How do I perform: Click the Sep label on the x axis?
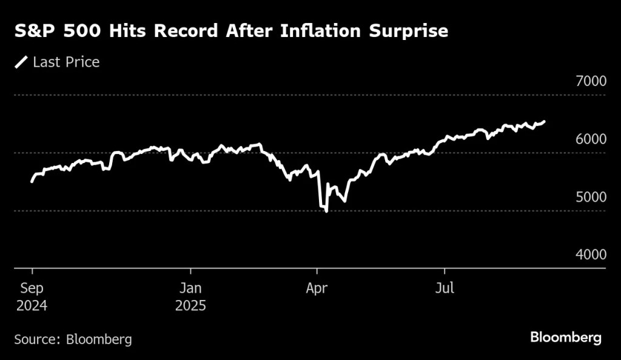(x=31, y=288)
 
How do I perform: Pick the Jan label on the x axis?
(x=190, y=288)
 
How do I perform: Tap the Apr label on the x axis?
(x=316, y=288)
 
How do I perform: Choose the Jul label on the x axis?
(x=445, y=288)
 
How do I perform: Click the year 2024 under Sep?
(x=31, y=305)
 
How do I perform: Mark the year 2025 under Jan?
(x=190, y=305)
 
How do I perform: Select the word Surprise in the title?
(x=411, y=32)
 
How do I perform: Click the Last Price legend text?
(x=66, y=62)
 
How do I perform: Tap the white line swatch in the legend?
(x=21, y=62)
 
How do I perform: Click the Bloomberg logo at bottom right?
(x=566, y=337)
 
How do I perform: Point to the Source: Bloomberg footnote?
(x=73, y=339)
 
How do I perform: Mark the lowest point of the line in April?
(x=327, y=212)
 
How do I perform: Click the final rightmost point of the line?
(x=544, y=121)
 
